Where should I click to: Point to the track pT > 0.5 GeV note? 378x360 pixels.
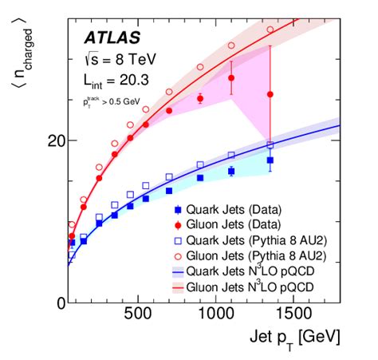pos(115,101)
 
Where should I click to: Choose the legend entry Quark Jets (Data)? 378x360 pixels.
pos(232,210)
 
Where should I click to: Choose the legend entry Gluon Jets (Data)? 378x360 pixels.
pos(232,224)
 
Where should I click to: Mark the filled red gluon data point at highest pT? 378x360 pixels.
pos(270,94)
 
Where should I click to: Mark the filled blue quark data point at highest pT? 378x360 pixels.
pos(270,160)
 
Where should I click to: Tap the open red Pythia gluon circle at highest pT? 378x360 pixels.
pos(270,30)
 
